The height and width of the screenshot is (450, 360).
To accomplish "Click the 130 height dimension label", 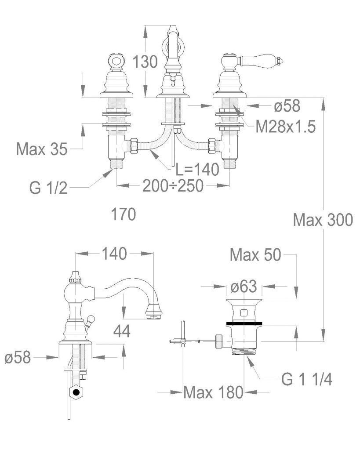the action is point(145,62).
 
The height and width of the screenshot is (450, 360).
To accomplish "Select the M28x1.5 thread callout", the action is point(285,127).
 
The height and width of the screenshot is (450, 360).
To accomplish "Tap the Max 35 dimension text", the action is point(42,149).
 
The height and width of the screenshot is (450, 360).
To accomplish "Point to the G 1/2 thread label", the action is point(48,188).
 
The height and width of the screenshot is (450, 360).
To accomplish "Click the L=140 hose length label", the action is point(197,169).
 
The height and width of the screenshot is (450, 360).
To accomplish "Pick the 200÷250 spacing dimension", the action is point(173,186).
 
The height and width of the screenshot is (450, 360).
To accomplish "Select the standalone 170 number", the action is point(124,214).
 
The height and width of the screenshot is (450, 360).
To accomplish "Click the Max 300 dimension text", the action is point(323,220).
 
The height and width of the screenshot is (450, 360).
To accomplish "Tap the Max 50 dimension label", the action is point(255,254).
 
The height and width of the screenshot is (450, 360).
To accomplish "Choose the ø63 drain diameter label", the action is point(244,286).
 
